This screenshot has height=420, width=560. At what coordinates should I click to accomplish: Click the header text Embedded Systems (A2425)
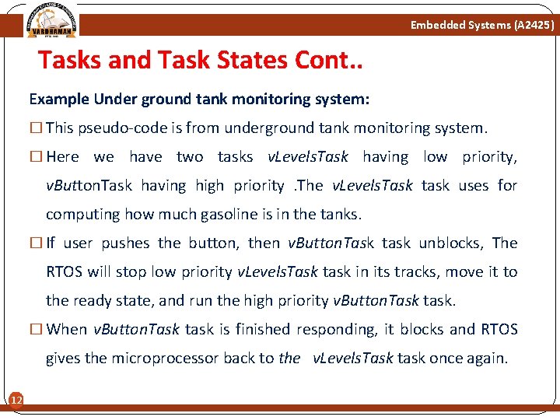482,26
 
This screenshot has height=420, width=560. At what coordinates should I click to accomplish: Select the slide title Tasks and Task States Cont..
201,61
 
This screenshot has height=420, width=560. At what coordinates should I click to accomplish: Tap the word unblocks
451,243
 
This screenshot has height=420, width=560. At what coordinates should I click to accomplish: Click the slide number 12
15,400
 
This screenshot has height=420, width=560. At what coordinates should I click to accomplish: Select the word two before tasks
190,156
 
